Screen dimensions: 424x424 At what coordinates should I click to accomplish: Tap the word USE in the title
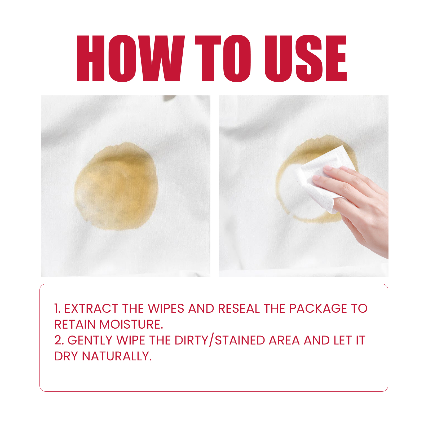coord(306,58)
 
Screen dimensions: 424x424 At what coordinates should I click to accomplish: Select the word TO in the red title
coord(223,58)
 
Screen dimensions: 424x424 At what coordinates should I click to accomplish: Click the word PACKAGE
coord(318,308)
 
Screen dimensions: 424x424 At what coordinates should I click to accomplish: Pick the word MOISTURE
coord(131,324)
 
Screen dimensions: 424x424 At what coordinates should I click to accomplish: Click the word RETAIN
coord(75,324)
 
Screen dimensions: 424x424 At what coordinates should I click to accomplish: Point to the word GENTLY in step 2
coord(90,340)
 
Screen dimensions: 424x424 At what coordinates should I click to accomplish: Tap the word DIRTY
coord(192,340)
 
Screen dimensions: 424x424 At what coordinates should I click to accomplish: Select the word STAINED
coord(240,340)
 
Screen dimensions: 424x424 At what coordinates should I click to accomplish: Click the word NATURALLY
coord(117,356)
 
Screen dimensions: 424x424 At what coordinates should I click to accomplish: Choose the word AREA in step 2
coord(284,340)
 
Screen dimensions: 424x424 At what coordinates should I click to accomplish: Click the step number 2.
coord(59,340)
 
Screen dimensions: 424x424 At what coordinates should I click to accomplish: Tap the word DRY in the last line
coord(66,356)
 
